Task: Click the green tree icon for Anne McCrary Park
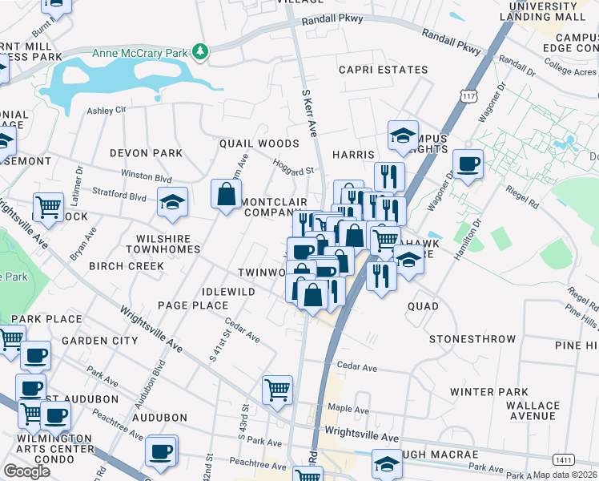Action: (x=200, y=53)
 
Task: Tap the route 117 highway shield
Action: (x=469, y=96)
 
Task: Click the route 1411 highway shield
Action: (x=562, y=459)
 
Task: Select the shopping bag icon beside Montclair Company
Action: (x=227, y=194)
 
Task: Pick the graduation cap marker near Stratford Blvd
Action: (x=172, y=203)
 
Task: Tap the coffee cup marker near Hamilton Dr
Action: (x=468, y=164)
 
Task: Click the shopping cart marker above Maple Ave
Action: (x=277, y=390)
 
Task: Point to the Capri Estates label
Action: (x=383, y=71)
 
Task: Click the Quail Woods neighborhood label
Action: (x=259, y=143)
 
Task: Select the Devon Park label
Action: (x=147, y=153)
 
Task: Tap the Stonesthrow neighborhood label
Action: (x=472, y=340)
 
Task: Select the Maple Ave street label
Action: (x=348, y=409)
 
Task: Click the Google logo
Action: (x=26, y=471)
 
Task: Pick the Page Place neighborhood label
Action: (x=193, y=305)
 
